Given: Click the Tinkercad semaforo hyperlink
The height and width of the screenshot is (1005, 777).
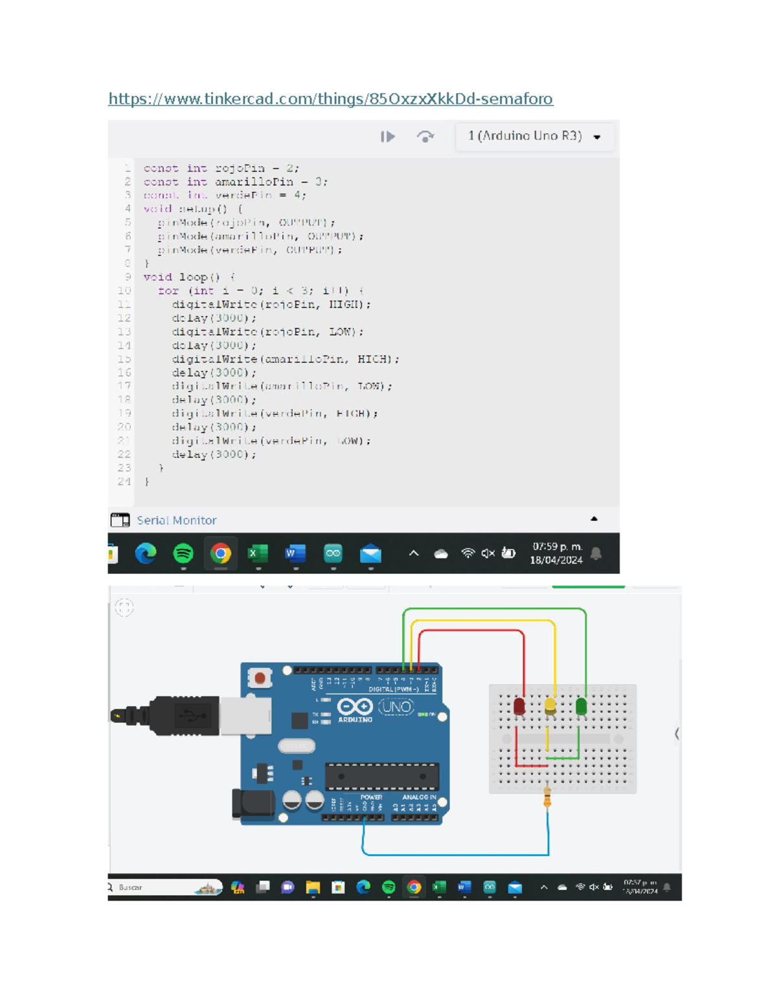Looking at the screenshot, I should (330, 98).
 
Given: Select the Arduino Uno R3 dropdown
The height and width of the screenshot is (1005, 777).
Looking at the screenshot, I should (534, 136).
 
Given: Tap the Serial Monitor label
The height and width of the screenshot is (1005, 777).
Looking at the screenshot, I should (176, 520).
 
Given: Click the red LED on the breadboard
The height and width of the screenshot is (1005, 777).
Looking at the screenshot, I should (519, 706).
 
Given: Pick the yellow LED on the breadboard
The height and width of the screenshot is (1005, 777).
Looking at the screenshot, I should (550, 705).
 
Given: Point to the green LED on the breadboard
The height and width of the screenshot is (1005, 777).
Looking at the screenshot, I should (581, 705).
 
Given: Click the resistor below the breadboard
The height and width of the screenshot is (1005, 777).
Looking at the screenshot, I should (547, 799).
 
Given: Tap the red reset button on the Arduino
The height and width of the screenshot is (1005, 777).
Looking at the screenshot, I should (260, 678).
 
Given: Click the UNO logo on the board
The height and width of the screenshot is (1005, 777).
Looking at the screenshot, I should (396, 707).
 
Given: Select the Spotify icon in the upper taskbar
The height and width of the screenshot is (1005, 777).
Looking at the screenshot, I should (183, 553).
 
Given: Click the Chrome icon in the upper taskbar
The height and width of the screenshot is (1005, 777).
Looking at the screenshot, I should (221, 553).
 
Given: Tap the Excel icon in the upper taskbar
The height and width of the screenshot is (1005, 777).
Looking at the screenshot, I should (258, 553).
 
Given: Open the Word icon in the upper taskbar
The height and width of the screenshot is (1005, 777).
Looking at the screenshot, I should (295, 553).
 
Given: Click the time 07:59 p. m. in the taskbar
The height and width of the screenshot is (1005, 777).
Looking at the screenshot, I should (557, 547).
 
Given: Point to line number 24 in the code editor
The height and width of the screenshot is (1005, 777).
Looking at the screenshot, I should (124, 481).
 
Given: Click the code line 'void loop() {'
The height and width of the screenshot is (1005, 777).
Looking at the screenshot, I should (189, 277).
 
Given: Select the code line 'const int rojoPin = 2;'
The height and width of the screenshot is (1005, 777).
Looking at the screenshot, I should (221, 168).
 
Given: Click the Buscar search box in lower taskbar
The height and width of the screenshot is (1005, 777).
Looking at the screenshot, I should (162, 887).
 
